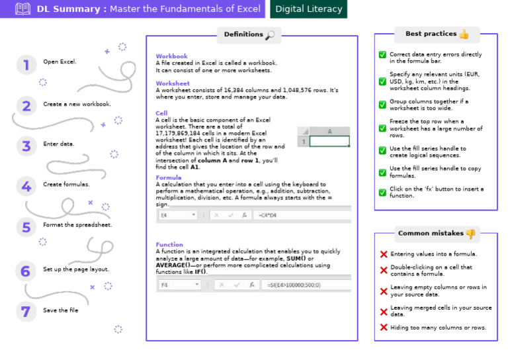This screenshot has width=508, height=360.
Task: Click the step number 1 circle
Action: (x=26, y=64)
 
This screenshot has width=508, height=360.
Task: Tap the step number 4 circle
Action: (x=26, y=187)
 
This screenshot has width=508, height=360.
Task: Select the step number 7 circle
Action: (x=26, y=311)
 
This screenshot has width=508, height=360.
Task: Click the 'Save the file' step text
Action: (x=60, y=310)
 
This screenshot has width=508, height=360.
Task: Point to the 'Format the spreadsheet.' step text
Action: (x=77, y=224)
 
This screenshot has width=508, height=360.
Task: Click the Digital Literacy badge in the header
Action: (x=309, y=9)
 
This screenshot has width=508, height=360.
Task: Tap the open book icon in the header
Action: (x=23, y=9)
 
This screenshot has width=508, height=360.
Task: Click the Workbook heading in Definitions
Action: (x=171, y=57)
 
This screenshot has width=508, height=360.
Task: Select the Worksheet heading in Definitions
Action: (x=173, y=83)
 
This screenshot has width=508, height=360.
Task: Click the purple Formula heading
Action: (x=169, y=178)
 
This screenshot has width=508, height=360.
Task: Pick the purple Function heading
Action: (x=169, y=245)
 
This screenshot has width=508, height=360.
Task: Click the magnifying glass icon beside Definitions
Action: (x=270, y=34)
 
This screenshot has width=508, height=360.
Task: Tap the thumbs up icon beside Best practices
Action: (x=464, y=34)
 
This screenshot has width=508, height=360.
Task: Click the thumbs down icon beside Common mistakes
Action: (x=470, y=234)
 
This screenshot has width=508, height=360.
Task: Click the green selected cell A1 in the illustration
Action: (x=329, y=141)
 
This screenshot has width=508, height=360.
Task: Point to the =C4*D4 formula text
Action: (x=267, y=215)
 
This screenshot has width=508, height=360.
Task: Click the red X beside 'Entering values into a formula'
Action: (x=384, y=254)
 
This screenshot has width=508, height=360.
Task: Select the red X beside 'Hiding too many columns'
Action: (x=384, y=328)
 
